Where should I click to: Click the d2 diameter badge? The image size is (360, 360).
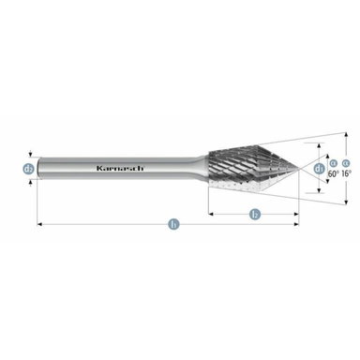29,170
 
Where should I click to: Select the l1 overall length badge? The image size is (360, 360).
172,225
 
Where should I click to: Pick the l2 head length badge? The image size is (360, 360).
254,215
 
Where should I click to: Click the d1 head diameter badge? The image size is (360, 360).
319,169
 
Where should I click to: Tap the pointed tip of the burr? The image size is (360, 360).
298,169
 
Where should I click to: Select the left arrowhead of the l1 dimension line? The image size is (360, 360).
39,225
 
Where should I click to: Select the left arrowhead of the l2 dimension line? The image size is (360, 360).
210,215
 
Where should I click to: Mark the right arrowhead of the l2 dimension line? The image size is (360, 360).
297,215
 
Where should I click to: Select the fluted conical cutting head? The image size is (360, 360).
248,169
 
